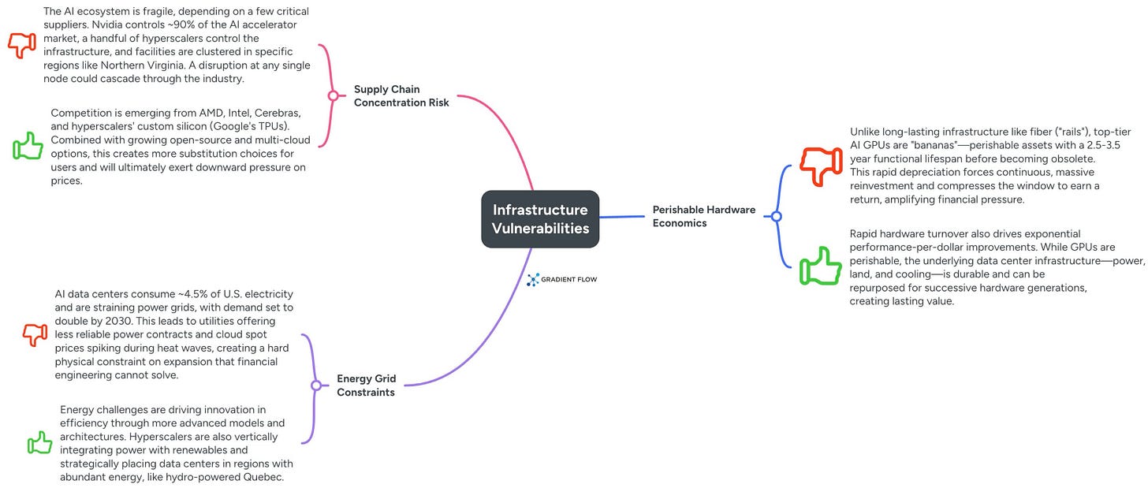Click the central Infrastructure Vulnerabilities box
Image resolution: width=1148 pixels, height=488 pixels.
coord(540,219)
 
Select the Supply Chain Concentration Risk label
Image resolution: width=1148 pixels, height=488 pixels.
coord(401,95)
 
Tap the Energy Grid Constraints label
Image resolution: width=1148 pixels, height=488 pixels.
coord(366,386)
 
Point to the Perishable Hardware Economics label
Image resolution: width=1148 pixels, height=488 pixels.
coord(703,216)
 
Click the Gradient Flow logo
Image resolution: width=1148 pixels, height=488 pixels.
coord(561,279)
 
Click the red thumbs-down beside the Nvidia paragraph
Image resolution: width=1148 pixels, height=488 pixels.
coord(22,44)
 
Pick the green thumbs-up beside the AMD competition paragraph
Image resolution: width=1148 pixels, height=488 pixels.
coord(28,146)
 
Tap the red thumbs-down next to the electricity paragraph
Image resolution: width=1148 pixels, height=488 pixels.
coord(35,334)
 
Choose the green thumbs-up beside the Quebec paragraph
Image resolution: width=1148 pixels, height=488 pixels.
coord(39,443)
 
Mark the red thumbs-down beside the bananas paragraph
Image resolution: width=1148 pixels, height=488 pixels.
coord(820,166)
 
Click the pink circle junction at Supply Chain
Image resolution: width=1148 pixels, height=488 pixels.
coord(333,95)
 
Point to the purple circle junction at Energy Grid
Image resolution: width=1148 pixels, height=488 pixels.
coord(316,386)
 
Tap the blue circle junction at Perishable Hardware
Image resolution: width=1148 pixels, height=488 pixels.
coord(776,216)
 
